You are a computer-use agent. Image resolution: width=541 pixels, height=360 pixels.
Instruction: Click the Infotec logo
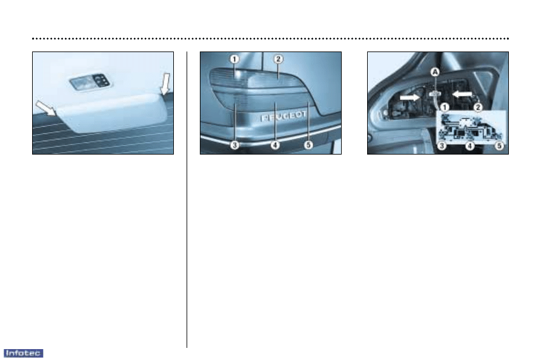click(24, 353)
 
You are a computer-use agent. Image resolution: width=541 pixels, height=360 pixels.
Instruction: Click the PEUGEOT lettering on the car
click(284, 116)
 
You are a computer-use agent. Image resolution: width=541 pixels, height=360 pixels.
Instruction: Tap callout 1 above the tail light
click(234, 59)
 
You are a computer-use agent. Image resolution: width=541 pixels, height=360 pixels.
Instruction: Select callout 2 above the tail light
click(278, 59)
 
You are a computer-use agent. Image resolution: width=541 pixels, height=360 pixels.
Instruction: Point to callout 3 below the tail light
click(234, 145)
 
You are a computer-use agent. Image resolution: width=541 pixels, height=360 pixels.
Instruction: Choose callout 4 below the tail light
click(275, 145)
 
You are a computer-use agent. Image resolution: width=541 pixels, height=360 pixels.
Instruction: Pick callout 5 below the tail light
click(308, 145)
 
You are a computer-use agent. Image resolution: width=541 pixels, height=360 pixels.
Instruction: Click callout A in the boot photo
click(436, 72)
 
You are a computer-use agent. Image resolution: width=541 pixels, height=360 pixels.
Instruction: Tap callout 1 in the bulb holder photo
click(445, 107)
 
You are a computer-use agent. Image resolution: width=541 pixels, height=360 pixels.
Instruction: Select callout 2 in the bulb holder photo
click(478, 107)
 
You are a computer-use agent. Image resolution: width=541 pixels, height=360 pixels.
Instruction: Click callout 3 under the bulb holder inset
click(442, 146)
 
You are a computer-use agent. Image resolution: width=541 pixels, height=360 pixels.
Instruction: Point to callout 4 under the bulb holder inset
click(470, 146)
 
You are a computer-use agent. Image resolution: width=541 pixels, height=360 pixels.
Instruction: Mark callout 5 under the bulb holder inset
click(499, 146)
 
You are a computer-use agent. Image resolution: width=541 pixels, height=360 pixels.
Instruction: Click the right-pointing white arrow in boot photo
click(410, 98)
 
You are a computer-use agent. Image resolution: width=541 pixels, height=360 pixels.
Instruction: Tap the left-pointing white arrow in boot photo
click(462, 94)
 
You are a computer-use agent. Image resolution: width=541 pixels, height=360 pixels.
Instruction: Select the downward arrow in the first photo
click(165, 84)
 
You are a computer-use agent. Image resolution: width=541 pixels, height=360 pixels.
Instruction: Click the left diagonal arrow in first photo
click(46, 108)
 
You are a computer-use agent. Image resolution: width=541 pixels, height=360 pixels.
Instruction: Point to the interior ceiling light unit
click(90, 82)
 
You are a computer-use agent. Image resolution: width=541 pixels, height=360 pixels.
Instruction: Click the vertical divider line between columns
click(187, 199)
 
